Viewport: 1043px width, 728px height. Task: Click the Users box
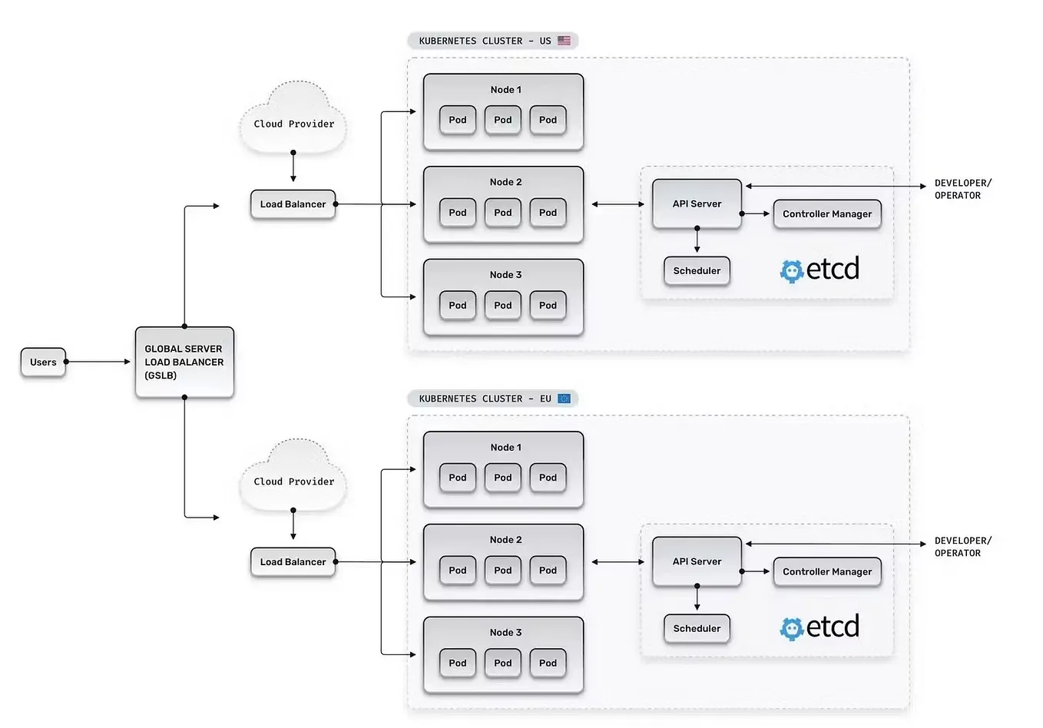43,362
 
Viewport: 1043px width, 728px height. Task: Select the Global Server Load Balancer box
184,362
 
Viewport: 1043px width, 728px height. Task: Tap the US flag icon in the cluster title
565,41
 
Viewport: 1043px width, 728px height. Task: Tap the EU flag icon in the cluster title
565,399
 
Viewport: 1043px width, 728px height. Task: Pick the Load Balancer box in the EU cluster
293,562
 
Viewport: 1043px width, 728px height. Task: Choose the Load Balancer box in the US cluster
293,204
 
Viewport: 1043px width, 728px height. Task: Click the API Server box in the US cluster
697,204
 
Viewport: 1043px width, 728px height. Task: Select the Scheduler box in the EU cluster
697,628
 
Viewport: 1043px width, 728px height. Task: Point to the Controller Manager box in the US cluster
827,214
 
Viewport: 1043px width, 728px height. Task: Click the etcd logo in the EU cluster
819,627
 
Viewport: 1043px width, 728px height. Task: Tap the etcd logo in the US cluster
819,270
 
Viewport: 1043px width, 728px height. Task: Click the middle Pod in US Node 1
503,120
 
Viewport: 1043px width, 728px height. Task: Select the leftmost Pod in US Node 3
458,306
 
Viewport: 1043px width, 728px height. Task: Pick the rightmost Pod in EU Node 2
548,571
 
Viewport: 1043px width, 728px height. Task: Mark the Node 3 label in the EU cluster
505,633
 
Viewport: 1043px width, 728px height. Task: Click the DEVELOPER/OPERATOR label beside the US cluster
962,189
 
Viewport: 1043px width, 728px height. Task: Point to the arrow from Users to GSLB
98,362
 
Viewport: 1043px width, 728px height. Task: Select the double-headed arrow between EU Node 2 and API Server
618,562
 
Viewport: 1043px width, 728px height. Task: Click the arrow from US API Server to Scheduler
697,240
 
